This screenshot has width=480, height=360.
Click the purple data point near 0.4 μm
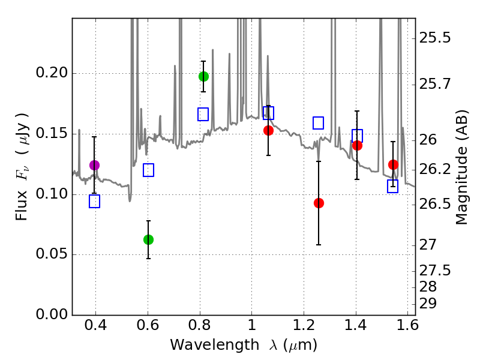coord(94,165)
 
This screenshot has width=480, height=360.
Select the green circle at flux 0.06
coord(149,239)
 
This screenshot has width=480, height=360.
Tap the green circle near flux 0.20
coord(203,76)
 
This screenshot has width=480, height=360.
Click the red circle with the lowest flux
coord(319,203)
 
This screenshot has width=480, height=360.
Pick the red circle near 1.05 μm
coord(268,130)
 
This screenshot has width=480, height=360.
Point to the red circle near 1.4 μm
coord(357,145)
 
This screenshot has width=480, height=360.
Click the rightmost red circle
coord(393,164)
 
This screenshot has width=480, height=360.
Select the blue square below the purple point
coord(94,202)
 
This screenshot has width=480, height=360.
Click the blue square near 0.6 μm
coord(149,170)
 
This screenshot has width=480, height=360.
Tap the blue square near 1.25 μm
coord(319,123)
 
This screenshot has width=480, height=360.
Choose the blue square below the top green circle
coord(203,114)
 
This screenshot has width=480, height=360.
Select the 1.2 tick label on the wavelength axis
coord(304,327)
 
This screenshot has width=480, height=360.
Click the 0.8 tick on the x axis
coord(200,327)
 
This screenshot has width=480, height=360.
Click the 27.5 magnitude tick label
coord(436,271)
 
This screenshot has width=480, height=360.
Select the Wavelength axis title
coord(244,345)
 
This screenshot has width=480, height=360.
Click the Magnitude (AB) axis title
coord(461,170)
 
